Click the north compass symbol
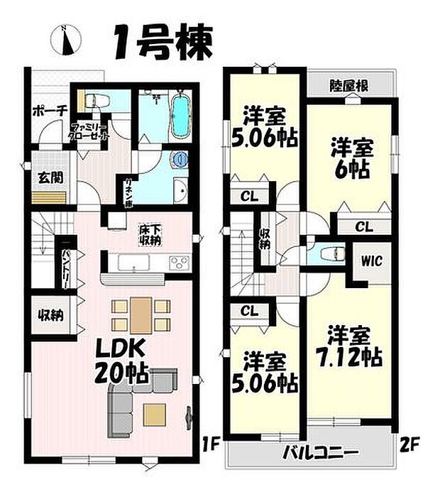click(x=65, y=40)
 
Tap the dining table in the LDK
click(x=141, y=314)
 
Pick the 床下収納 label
click(x=149, y=234)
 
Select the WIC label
click(x=369, y=261)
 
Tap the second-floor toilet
click(x=328, y=253)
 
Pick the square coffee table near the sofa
click(x=154, y=412)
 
